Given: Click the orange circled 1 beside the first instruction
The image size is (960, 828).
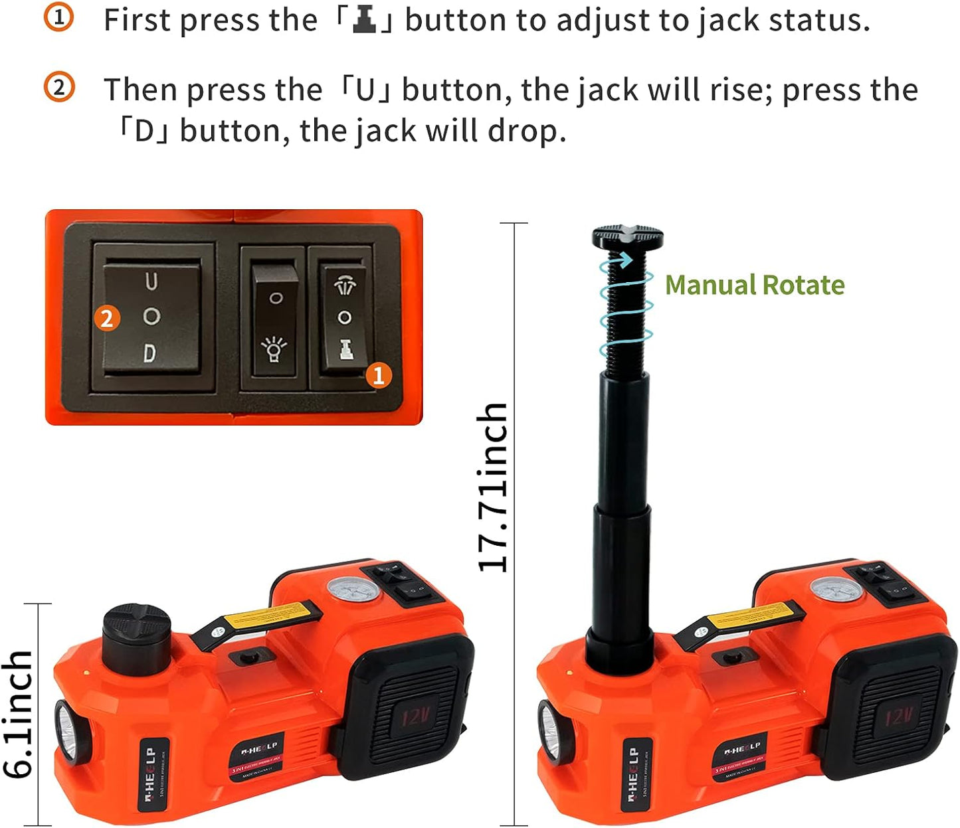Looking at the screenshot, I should click(x=59, y=19).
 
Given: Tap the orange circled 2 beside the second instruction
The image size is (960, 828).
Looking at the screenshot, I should click(x=59, y=88).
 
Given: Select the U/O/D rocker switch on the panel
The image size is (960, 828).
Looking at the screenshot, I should click(x=152, y=317).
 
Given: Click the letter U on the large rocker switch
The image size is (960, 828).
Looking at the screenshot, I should click(x=151, y=282).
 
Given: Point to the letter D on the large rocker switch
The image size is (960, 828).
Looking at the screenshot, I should click(x=150, y=353).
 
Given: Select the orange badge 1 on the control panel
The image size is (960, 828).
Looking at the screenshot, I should click(x=379, y=376).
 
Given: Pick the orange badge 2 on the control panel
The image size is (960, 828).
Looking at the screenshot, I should click(x=106, y=319).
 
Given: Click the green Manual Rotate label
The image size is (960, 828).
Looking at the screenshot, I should click(x=755, y=285).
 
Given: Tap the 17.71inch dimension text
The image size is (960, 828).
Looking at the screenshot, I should click(x=493, y=487).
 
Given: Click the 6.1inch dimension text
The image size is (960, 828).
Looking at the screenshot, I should click(x=19, y=714).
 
